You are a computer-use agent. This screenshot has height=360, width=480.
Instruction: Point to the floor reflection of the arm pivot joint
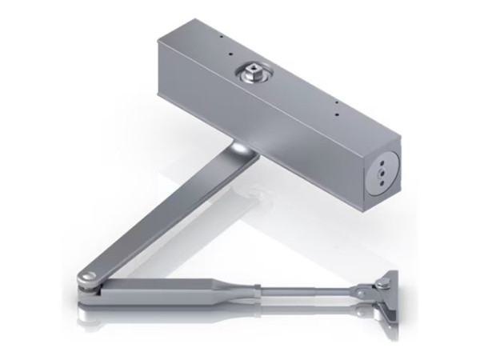click(88, 308)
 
